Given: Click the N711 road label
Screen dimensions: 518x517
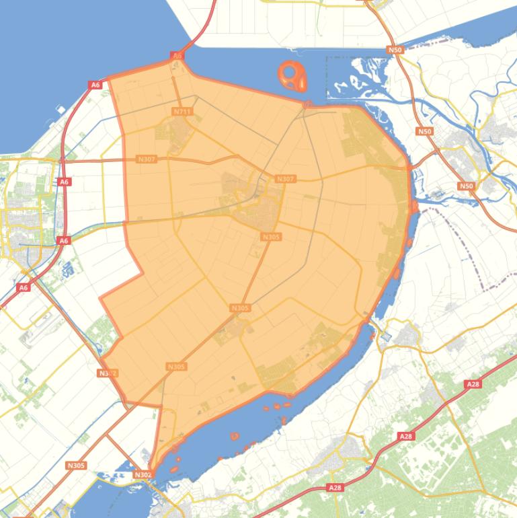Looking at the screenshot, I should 182,111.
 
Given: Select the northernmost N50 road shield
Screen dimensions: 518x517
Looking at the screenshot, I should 395,50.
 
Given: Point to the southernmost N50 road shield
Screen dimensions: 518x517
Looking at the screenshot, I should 466,186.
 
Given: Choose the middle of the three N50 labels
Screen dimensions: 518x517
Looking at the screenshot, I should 424,132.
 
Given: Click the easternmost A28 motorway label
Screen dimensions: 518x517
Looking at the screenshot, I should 473,384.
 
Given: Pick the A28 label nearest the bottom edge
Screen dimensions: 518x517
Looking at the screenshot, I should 335,487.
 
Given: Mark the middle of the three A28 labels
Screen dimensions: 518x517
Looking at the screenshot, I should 405,437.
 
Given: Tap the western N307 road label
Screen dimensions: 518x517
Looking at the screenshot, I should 146,159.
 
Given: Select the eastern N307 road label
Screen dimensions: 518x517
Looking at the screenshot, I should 285,179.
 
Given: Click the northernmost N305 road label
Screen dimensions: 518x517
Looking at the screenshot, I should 271,237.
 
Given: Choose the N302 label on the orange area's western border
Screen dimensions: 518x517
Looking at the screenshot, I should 107,373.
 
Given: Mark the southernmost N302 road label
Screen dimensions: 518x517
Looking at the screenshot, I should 143,475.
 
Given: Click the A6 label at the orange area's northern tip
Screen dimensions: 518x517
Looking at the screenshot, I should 177,56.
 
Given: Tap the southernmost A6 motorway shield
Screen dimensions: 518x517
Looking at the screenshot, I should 24,287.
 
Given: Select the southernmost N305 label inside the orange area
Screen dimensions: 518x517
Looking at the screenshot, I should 176,367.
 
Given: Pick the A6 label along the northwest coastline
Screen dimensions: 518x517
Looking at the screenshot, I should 95,85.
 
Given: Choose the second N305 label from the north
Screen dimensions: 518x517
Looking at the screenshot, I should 240,308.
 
